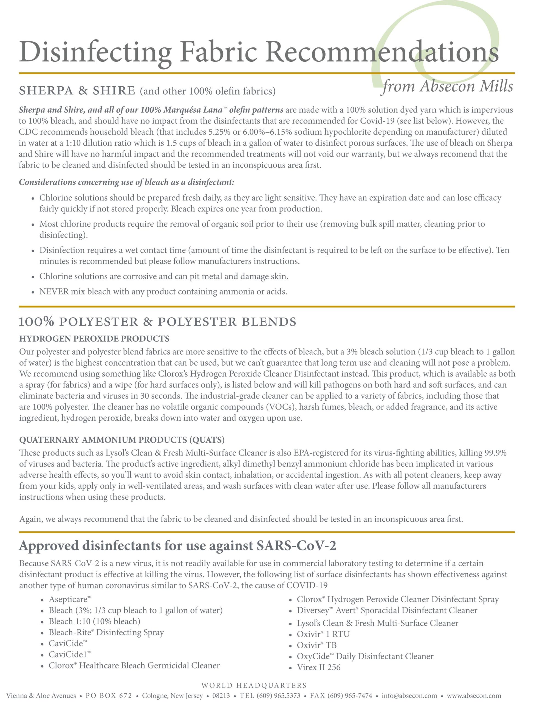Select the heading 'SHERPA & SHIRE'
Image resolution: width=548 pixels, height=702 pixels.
(77, 91)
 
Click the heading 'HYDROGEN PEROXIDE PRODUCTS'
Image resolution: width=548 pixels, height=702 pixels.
(94, 339)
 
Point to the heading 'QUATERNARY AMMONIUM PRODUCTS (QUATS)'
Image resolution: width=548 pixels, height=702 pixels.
(122, 440)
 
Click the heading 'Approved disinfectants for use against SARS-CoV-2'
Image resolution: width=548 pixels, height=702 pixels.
(177, 546)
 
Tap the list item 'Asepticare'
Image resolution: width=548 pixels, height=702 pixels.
(70, 599)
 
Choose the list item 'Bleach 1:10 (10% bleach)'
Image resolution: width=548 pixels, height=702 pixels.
(95, 621)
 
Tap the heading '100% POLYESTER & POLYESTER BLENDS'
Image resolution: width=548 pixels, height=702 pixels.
(157, 322)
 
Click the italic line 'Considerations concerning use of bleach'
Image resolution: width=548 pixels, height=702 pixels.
(126, 182)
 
